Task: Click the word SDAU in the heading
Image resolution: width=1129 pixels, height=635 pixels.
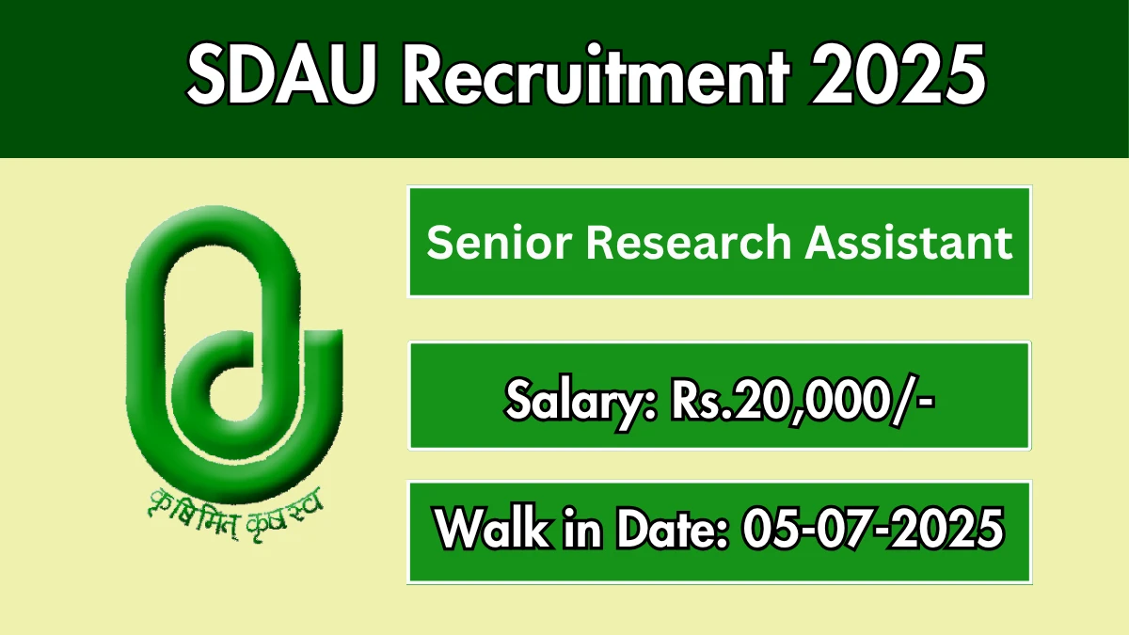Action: coord(282,74)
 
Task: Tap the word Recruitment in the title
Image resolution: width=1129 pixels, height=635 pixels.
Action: coord(596,73)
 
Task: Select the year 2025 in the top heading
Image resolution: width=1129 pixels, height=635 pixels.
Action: coord(898,74)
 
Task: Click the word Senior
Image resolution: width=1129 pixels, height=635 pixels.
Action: coord(500,243)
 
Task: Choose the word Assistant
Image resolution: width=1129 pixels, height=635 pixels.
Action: coord(908,242)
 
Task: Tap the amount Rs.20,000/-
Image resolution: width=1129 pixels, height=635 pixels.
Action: coord(803,401)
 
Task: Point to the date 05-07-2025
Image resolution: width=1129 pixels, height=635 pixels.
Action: coord(872,528)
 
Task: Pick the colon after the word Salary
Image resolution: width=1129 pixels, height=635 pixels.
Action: coord(651,408)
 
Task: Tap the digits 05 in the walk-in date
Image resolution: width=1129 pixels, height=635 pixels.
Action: coord(767,528)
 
